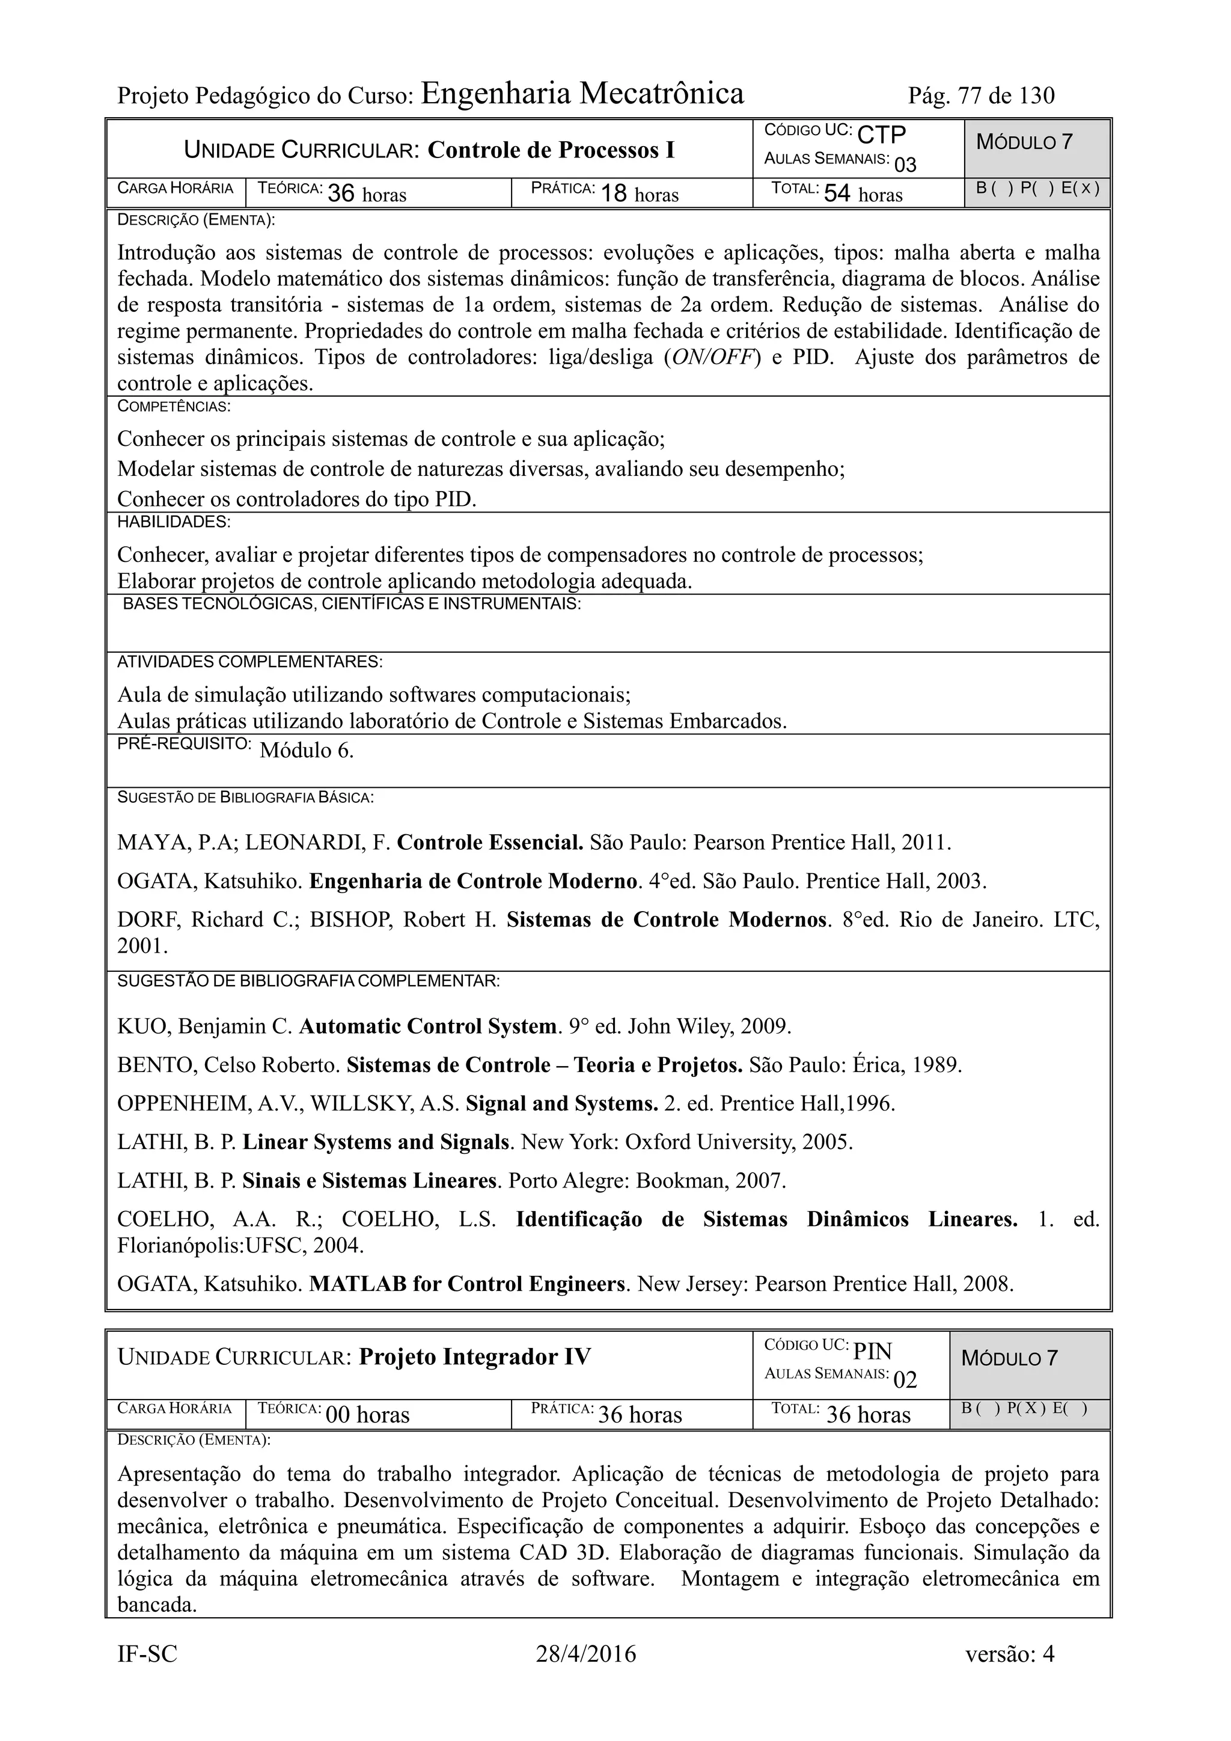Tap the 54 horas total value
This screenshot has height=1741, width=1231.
[863, 194]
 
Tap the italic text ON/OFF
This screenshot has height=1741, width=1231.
[712, 357]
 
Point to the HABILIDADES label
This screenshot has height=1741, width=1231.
[174, 522]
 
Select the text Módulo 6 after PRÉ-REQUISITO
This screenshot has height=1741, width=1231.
[307, 751]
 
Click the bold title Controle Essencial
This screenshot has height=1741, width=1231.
[490, 843]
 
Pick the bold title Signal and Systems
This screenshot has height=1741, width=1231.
[561, 1103]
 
